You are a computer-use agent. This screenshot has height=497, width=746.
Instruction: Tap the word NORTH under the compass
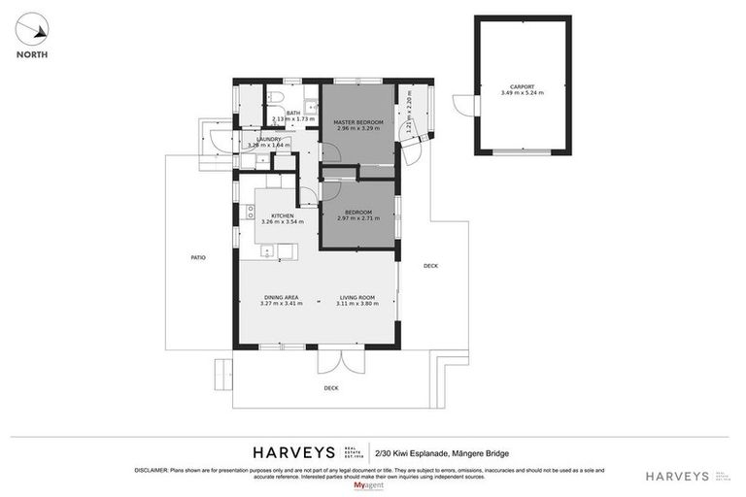click(x=33, y=54)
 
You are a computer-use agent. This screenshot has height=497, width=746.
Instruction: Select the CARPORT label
click(x=523, y=86)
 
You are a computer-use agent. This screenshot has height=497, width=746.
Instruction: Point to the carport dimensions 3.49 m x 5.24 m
click(x=523, y=93)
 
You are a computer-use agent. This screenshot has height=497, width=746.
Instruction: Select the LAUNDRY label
click(x=269, y=139)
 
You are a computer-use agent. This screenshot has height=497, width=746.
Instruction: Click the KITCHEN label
click(x=283, y=215)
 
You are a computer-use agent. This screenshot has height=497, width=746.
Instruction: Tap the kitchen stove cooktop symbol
click(x=251, y=212)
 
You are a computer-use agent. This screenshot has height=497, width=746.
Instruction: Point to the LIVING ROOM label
click(x=357, y=297)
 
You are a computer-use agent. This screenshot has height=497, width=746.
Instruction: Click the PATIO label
click(x=197, y=258)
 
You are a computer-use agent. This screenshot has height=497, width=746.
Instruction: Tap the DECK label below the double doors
click(x=332, y=388)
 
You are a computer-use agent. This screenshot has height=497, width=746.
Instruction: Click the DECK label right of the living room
click(x=430, y=265)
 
